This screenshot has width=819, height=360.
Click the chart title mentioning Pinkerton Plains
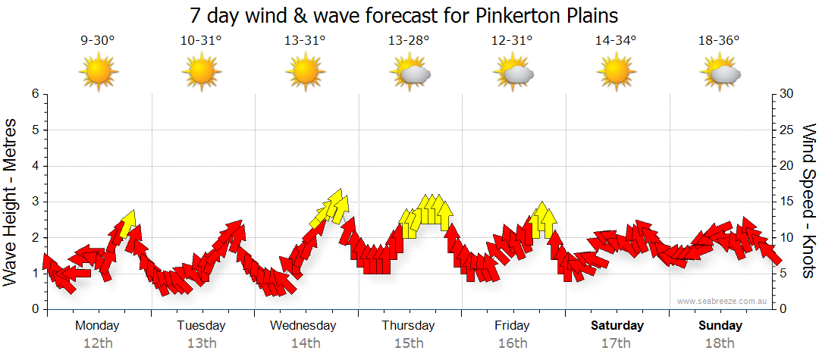(x=409, y=15)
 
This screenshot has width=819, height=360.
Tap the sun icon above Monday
(x=99, y=73)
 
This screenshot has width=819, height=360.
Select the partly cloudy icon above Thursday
(x=410, y=74)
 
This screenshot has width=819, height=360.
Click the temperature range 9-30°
(x=98, y=41)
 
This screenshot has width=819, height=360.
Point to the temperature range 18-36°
(x=719, y=41)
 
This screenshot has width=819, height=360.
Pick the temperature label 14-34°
(x=616, y=41)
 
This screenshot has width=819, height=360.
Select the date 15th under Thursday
(x=409, y=343)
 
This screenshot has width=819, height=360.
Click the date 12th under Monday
(x=98, y=343)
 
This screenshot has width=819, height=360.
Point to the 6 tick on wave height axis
(x=35, y=94)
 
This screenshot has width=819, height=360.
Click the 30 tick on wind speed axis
(x=787, y=94)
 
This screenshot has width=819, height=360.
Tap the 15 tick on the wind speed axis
(x=787, y=202)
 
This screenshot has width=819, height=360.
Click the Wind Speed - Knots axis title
(x=808, y=202)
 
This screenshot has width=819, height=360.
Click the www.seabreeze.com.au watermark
(x=723, y=301)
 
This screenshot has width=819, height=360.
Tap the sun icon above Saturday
(x=617, y=73)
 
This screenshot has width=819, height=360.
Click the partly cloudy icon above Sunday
(x=720, y=74)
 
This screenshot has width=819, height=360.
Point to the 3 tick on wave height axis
(x=35, y=202)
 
